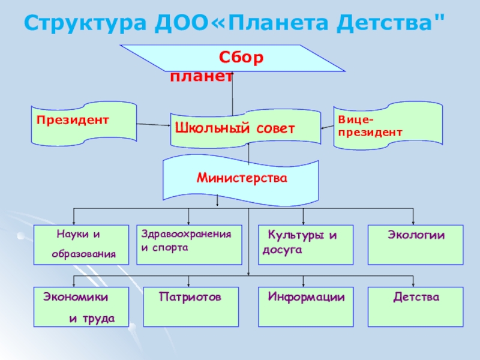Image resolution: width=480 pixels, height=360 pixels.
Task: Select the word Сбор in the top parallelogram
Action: (241, 58)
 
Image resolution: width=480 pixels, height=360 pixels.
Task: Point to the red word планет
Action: (200, 76)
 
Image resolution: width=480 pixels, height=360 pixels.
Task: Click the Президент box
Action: (83, 125)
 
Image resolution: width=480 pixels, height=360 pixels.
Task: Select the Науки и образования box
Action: (81, 245)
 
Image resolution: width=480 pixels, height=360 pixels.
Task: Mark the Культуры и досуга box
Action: (305, 245)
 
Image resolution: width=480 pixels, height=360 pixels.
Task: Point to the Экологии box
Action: (415, 245)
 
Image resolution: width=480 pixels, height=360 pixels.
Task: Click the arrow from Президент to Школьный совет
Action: (154, 125)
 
